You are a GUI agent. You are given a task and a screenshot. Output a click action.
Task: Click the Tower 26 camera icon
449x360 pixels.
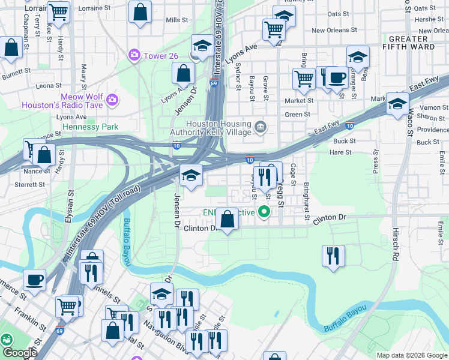(x=133, y=56)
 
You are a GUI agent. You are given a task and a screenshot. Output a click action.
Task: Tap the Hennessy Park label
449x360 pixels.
(x=89, y=127)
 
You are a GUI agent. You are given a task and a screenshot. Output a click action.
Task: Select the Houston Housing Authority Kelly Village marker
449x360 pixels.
(x=261, y=126)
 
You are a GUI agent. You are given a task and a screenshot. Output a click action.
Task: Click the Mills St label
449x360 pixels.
(x=177, y=20)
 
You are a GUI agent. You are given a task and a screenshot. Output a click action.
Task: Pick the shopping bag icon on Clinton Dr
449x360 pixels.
(x=228, y=219)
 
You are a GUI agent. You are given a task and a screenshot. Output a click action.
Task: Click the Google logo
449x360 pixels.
(x=19, y=353)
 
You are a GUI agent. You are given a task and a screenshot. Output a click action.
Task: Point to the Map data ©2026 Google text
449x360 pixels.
(x=412, y=355)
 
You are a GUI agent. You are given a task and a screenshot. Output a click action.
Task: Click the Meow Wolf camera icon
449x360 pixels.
(x=112, y=98)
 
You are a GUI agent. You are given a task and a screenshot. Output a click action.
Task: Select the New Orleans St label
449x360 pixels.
(x=335, y=30)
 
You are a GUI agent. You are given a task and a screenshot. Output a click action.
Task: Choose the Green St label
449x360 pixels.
(x=298, y=115)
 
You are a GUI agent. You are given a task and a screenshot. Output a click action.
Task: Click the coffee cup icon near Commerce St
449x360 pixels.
(x=34, y=280)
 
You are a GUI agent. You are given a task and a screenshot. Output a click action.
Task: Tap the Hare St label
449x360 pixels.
(x=340, y=152)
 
